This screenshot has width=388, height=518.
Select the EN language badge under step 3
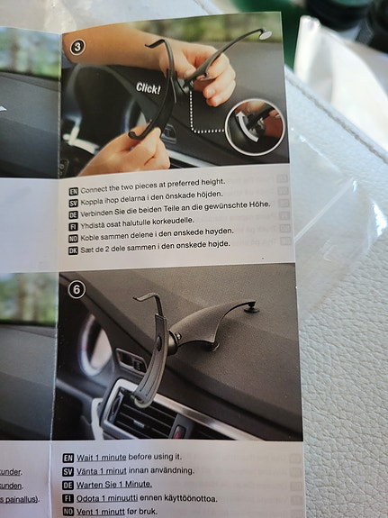73,191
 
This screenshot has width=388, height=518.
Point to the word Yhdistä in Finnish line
95,223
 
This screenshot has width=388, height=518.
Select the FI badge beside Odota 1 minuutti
68,498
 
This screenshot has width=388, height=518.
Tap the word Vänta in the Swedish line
94,471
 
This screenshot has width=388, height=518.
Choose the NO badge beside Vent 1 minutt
68,511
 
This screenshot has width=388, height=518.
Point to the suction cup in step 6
252,309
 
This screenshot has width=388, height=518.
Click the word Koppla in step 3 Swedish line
97,201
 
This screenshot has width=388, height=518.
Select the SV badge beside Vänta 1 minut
68,471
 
